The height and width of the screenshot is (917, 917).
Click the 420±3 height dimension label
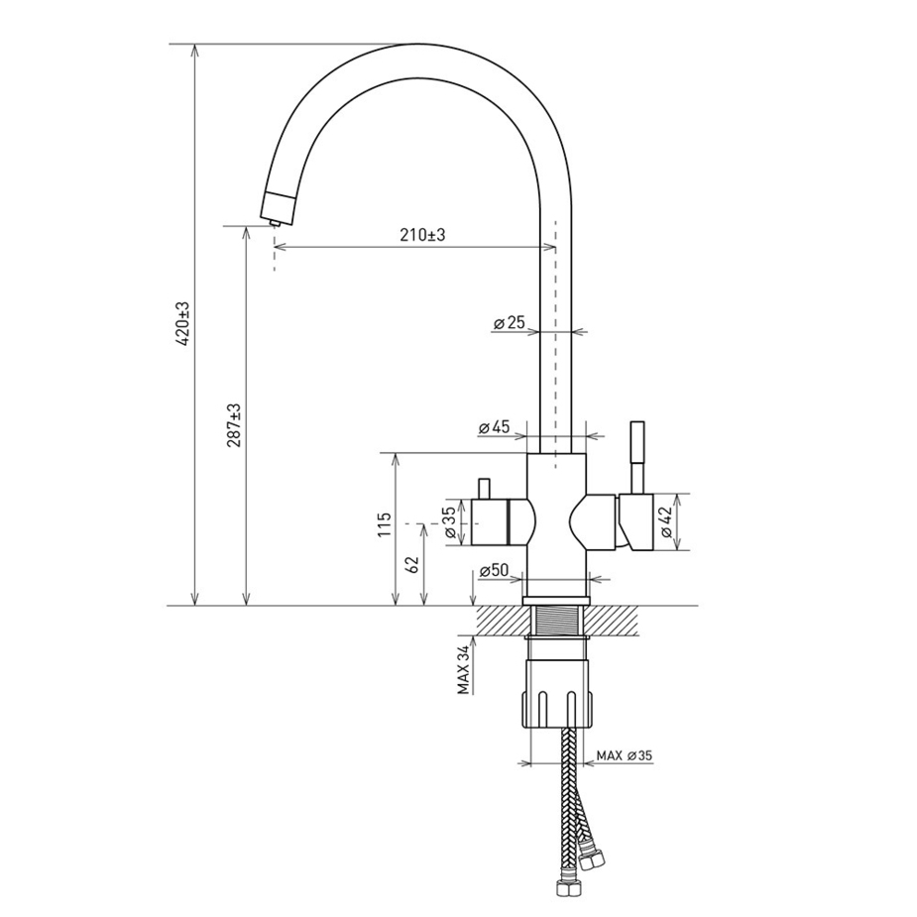tap(182, 325)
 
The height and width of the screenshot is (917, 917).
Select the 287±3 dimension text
tap(235, 425)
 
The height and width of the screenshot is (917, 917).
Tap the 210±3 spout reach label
tap(422, 235)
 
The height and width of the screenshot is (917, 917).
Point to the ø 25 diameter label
tap(510, 322)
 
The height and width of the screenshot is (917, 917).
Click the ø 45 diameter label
tap(494, 427)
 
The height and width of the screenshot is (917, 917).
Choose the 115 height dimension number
tap(384, 525)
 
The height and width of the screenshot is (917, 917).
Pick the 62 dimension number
tap(412, 564)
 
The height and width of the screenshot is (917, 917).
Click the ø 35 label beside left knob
tap(450, 522)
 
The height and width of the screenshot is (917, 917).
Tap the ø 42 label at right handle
tap(667, 521)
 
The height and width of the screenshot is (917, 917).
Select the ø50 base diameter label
tap(494, 571)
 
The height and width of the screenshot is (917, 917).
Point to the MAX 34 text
tap(464, 670)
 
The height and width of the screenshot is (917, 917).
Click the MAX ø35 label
tap(624, 755)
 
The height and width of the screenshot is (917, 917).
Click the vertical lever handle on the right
tap(636, 457)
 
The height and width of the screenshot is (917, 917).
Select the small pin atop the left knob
tap(484, 489)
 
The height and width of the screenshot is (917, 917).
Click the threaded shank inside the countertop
tap(556, 621)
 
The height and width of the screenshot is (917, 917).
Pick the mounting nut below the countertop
tap(556, 694)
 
